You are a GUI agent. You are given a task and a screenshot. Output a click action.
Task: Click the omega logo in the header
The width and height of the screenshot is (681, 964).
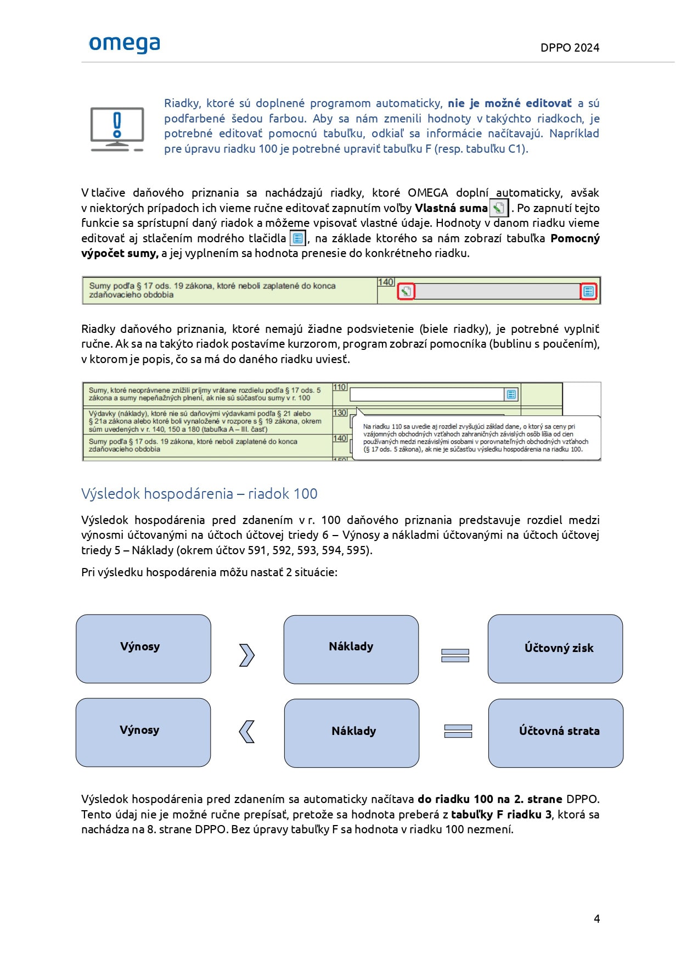pyautogui.click(x=125, y=44)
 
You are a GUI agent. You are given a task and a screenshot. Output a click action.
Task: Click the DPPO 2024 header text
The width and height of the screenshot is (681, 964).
pyautogui.click(x=570, y=48)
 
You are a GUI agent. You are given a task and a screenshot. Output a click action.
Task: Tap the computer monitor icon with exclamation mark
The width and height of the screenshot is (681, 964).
pyautogui.click(x=117, y=129)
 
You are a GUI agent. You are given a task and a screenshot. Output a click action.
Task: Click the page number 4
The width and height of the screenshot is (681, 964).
pyautogui.click(x=596, y=918)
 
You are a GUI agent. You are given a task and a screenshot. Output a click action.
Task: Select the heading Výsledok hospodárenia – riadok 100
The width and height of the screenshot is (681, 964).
pyautogui.click(x=199, y=494)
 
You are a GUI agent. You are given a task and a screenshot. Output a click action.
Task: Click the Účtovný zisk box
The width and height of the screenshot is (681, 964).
pyautogui.click(x=555, y=649)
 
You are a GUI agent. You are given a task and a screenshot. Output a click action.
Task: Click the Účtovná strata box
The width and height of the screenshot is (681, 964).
pyautogui.click(x=555, y=733)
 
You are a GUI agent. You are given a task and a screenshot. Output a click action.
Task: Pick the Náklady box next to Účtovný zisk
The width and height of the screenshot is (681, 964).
pyautogui.click(x=351, y=649)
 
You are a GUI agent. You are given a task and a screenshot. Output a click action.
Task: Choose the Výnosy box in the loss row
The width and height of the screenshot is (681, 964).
pyautogui.click(x=143, y=732)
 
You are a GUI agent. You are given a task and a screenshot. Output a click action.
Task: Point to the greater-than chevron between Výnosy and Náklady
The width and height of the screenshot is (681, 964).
pyautogui.click(x=247, y=655)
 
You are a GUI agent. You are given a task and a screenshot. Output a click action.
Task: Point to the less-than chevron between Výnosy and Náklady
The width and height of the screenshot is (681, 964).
pyautogui.click(x=247, y=732)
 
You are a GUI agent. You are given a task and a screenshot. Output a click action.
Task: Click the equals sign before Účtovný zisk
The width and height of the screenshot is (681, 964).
pyautogui.click(x=455, y=655)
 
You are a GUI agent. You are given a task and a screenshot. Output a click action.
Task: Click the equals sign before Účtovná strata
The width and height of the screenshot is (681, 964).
pyautogui.click(x=458, y=731)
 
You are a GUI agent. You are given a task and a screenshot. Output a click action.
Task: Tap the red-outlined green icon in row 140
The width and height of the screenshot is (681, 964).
pyautogui.click(x=406, y=292)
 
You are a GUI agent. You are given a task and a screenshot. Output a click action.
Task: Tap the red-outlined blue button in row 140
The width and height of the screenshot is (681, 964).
pyautogui.click(x=588, y=292)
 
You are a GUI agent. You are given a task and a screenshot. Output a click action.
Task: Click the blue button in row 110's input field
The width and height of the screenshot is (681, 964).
pyautogui.click(x=511, y=394)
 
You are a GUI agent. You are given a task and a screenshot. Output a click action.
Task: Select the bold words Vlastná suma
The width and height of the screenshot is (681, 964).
pyautogui.click(x=451, y=208)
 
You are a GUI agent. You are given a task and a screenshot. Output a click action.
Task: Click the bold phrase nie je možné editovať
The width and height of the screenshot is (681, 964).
pyautogui.click(x=509, y=103)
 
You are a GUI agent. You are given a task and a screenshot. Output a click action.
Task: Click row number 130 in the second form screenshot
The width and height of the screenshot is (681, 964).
pyautogui.click(x=340, y=413)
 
